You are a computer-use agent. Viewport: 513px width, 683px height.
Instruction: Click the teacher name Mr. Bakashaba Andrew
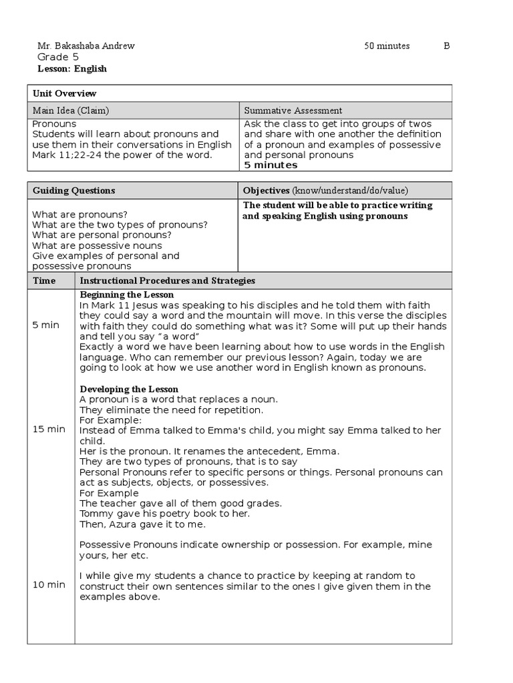85,46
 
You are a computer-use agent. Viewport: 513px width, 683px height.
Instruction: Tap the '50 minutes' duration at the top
387,46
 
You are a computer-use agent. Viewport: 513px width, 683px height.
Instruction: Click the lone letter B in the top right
447,46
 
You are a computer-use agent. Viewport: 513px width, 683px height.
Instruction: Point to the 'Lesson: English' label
69,69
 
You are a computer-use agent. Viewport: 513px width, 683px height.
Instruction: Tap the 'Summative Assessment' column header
293,111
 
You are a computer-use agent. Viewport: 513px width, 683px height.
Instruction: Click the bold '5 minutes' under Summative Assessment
271,165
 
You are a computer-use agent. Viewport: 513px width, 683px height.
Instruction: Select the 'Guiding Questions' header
73,191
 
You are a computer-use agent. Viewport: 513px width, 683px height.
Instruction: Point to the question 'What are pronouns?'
79,215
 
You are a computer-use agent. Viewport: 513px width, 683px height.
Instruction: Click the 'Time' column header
44,281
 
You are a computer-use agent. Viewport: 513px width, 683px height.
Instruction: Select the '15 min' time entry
49,429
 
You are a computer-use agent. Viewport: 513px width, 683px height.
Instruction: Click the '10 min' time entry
49,585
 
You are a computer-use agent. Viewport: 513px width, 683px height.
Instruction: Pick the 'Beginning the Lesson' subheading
127,295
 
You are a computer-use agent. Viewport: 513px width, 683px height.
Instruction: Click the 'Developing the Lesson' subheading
129,389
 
